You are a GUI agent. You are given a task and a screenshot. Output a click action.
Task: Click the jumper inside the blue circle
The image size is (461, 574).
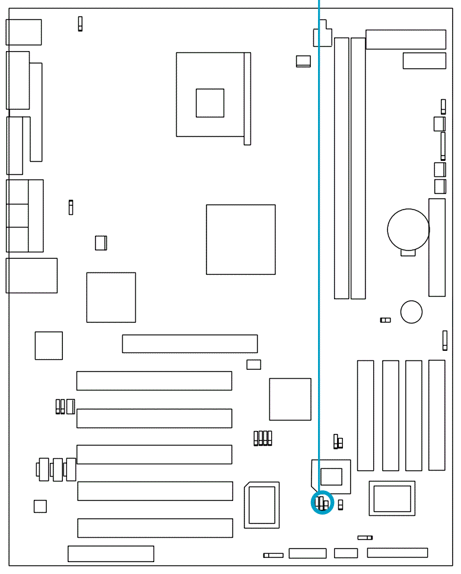(323, 504)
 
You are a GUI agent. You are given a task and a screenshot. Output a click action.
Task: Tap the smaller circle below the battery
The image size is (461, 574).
(411, 311)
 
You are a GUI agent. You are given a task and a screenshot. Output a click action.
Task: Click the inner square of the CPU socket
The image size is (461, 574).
(210, 103)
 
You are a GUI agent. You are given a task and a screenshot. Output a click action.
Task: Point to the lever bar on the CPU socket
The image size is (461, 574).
(247, 98)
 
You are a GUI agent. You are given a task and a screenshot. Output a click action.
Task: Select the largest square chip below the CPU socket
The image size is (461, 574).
(241, 239)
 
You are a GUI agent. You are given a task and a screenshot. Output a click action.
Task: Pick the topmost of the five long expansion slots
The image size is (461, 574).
(154, 380)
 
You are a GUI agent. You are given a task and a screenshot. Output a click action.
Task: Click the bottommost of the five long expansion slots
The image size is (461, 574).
(155, 528)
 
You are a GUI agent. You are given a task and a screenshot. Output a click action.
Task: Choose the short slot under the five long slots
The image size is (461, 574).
(111, 553)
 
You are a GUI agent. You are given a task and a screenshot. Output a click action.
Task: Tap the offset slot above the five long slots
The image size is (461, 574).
(190, 344)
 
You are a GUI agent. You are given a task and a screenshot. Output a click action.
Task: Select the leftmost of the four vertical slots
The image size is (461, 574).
(365, 415)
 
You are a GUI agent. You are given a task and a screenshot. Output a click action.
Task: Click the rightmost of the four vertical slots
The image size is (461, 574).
(437, 415)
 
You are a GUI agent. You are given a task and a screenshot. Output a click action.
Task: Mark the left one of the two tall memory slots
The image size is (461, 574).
(341, 168)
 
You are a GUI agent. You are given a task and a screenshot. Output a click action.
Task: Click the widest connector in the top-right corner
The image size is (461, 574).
(406, 39)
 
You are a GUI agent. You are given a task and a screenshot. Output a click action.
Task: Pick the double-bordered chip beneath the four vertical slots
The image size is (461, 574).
(392, 498)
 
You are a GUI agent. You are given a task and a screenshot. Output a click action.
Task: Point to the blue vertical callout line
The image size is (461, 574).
(319, 237)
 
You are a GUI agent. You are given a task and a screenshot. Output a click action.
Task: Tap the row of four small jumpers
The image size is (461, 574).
(262, 439)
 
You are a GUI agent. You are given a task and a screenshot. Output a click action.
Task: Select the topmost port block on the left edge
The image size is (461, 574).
(24, 32)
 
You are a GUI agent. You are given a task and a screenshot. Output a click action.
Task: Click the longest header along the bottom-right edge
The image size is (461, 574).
(397, 553)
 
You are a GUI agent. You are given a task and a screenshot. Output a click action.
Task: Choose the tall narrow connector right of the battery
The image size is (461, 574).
(437, 248)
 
